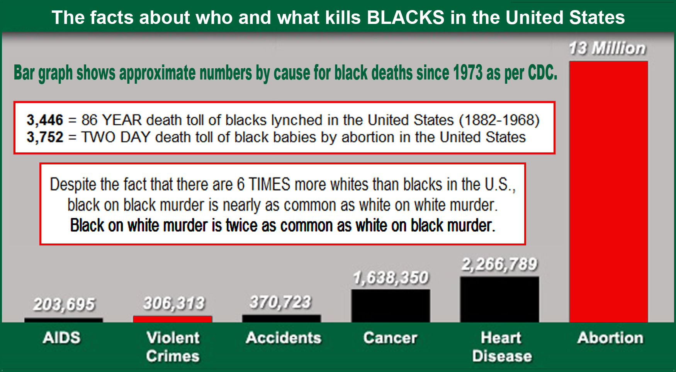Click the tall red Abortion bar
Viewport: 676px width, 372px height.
coord(608,191)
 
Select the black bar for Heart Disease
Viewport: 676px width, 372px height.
coord(499,299)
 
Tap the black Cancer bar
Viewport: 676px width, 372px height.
coord(391,306)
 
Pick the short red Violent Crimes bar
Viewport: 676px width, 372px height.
coord(173,319)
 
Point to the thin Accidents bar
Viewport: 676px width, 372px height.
coord(281,319)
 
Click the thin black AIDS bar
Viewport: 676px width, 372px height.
coord(64,320)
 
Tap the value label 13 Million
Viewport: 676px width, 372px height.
coord(607,49)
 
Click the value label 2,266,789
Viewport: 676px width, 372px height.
coord(499,264)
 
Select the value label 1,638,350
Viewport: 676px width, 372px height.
coord(391,278)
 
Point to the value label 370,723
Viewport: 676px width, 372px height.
coord(280,302)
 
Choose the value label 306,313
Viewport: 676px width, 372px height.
coord(174,303)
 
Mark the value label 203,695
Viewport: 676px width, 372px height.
coord(64,304)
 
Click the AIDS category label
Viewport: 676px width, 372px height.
coord(62,338)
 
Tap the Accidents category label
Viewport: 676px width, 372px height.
coord(284,338)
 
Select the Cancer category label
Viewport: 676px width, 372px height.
coord(390,338)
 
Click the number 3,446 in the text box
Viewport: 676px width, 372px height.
coord(45,120)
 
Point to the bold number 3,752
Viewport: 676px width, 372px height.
coord(45,137)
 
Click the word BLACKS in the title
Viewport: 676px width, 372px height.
coord(406,17)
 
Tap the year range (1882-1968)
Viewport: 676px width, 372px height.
coord(499,120)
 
